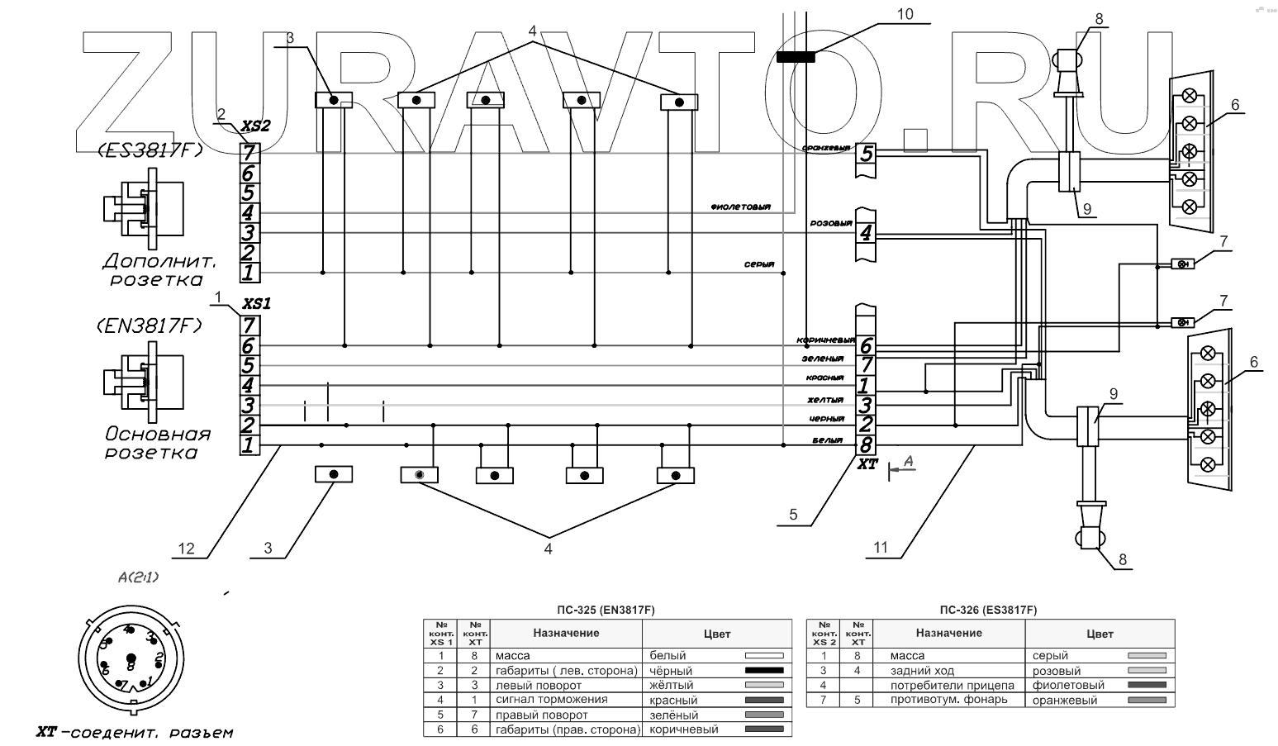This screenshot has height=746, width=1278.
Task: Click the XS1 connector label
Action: [x=255, y=303]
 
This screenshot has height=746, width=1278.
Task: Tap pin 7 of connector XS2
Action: [x=249, y=153]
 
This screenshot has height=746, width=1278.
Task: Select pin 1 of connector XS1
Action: [x=249, y=446]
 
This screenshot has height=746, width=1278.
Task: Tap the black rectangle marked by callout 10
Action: [x=796, y=57]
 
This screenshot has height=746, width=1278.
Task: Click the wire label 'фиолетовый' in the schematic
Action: [x=740, y=207]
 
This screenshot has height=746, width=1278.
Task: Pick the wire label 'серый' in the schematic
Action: [x=758, y=265]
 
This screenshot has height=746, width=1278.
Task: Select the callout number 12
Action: [x=186, y=548]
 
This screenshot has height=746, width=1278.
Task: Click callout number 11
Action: [x=881, y=547]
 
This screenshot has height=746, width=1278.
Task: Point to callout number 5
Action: [x=793, y=515]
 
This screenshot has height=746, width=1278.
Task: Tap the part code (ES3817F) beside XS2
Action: [x=150, y=150]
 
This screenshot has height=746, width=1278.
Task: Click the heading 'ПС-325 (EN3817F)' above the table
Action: [x=606, y=611]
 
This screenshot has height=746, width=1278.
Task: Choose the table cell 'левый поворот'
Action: [x=538, y=685]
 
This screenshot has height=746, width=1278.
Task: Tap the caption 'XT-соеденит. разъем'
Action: [x=135, y=732]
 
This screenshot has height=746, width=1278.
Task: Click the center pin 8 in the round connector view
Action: [x=130, y=663]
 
